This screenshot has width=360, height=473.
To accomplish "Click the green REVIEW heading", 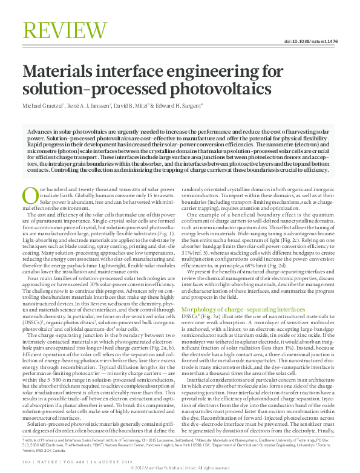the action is (59, 30).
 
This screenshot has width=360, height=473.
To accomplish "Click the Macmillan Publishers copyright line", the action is (180, 468).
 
